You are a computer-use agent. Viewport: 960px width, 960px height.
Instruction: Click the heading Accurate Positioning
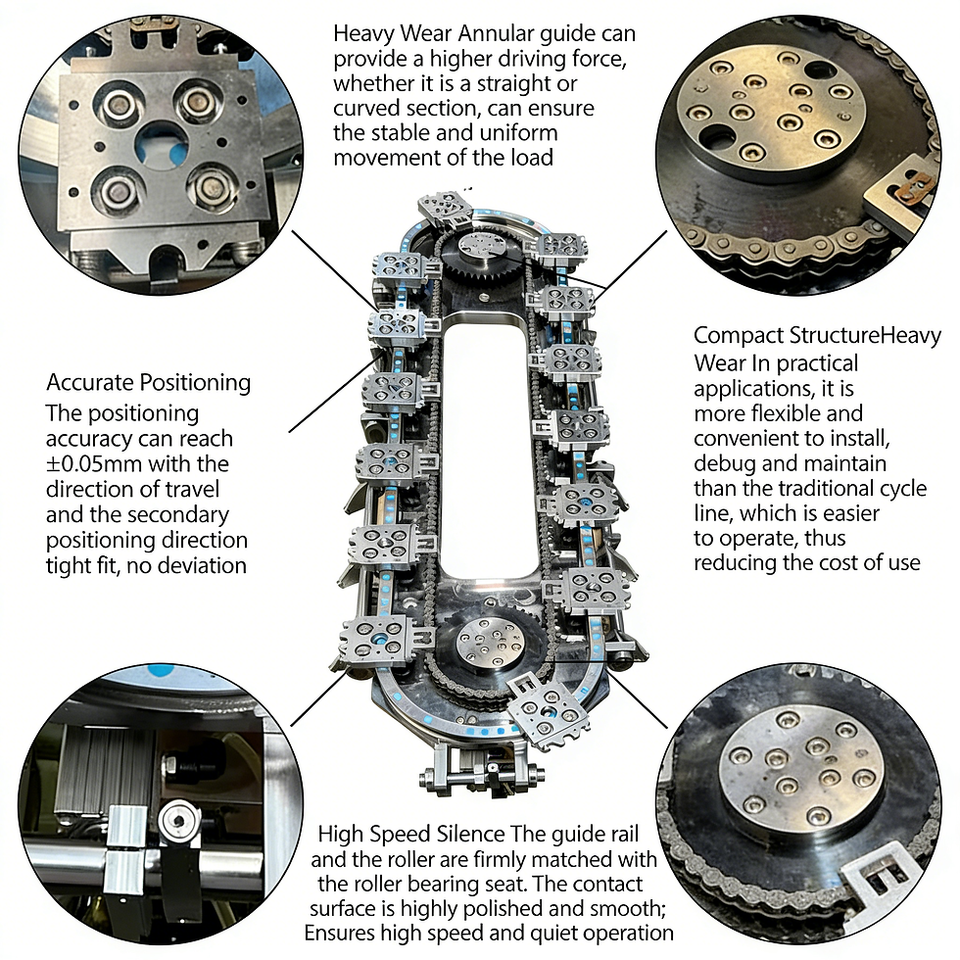[x=149, y=383]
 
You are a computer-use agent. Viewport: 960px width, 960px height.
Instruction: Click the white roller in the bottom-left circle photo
[x=178, y=820]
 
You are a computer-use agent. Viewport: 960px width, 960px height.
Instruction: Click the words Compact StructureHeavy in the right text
[x=817, y=336]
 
